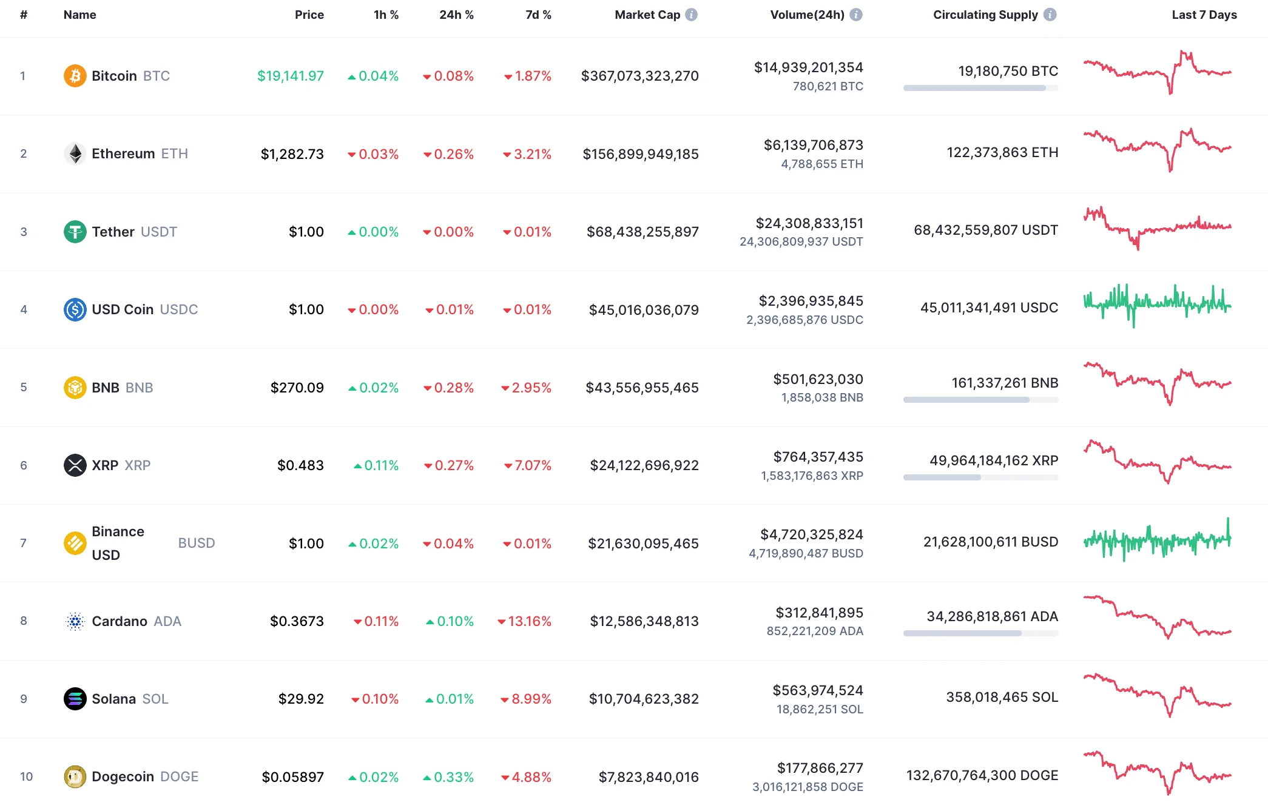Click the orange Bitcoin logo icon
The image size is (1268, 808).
coord(75,76)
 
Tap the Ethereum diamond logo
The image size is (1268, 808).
coord(75,153)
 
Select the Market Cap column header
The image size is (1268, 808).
coord(647,15)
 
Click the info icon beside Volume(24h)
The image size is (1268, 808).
coord(855,15)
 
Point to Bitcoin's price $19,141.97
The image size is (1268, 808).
coord(290,76)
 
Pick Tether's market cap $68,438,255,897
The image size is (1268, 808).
coord(642,232)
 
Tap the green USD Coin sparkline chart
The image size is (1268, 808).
coord(1157,305)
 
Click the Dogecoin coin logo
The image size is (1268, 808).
coord(75,776)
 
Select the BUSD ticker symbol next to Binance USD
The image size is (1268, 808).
coord(196,543)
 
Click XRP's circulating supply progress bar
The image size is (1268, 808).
coord(980,477)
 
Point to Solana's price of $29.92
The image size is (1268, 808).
coord(301,699)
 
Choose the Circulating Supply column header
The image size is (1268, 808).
coord(985,15)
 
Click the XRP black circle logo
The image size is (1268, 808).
coord(75,465)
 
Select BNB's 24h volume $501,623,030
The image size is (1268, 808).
coord(818,379)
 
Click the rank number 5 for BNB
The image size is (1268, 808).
coord(24,387)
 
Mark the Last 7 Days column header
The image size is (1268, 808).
coord(1204,15)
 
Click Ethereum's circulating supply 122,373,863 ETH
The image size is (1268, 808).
coord(1002,152)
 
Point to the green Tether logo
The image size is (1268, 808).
coord(75,232)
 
